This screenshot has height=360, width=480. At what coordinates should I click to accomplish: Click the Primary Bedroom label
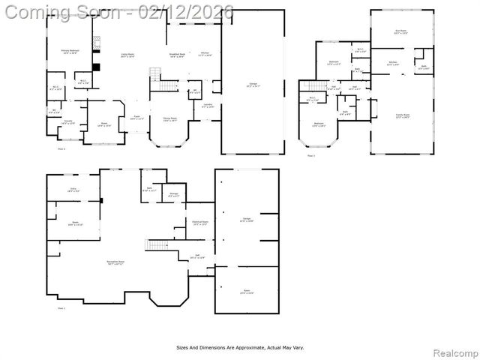tap(70, 52)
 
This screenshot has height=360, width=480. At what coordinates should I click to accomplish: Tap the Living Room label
tap(127, 55)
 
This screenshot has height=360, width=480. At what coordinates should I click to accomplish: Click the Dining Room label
tap(169, 118)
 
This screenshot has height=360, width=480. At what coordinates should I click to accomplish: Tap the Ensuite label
tap(67, 121)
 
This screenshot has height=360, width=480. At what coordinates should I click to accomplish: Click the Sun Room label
tap(401, 31)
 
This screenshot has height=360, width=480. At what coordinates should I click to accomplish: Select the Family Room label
tap(402, 115)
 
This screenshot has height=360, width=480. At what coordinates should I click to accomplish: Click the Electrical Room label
tap(199, 223)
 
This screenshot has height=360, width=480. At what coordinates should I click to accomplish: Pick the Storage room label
tap(173, 195)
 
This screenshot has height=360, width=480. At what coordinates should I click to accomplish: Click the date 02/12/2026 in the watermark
tap(190, 12)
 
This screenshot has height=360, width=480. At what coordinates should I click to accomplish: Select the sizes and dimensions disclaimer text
tap(240, 347)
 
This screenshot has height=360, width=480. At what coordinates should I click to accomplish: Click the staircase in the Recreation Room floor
tap(156, 245)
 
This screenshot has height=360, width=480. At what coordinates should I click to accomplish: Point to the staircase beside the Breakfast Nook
tap(155, 73)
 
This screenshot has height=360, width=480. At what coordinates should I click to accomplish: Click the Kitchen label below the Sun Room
tap(392, 63)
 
